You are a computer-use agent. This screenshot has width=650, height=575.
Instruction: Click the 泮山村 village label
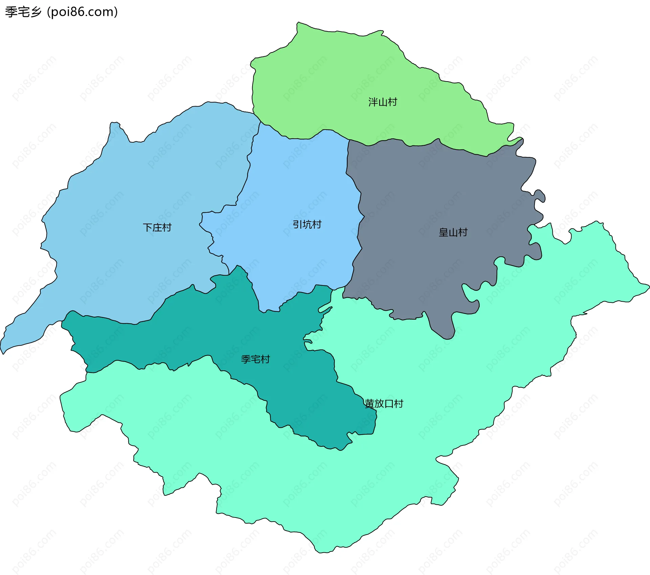(383, 102)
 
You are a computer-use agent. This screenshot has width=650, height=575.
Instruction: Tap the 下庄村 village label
(157, 227)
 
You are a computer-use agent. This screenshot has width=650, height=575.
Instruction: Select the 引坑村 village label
(307, 224)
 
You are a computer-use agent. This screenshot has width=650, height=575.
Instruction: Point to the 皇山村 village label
(453, 232)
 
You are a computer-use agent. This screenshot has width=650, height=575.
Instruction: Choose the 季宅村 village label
(255, 359)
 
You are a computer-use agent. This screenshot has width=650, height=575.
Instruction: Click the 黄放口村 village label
(384, 404)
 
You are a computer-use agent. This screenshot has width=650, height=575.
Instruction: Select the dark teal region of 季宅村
(203, 331)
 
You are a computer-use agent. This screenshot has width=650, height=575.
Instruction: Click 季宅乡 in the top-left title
(23, 12)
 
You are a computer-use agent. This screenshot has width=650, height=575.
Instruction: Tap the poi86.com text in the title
(82, 12)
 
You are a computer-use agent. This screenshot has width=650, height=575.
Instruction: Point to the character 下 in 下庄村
(148, 227)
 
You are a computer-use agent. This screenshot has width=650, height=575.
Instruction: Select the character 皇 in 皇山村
(443, 232)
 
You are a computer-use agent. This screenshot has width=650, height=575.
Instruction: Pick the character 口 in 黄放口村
(389, 404)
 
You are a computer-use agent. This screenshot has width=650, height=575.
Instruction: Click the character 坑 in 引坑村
(307, 224)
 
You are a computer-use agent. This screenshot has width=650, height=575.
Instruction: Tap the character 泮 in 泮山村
(373, 102)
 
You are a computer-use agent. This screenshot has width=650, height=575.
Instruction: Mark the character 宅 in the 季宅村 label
(255, 359)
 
